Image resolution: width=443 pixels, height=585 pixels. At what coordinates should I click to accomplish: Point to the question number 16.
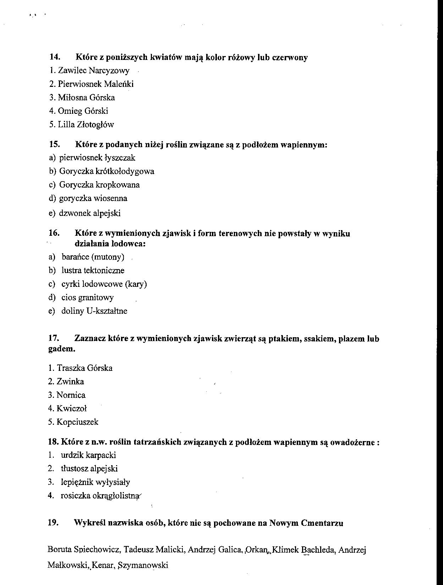[x=54, y=233]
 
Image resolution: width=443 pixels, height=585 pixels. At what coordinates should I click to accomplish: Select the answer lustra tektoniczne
[x=93, y=271]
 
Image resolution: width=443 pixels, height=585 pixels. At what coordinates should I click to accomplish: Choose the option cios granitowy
[x=87, y=297]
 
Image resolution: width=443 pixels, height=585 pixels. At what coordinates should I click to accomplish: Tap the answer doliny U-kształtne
[x=94, y=311]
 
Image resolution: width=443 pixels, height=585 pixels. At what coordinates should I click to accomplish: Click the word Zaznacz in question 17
[x=90, y=339]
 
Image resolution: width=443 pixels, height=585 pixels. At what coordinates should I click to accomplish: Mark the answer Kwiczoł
[x=71, y=408]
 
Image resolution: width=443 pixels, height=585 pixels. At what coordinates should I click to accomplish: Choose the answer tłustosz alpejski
[x=89, y=468]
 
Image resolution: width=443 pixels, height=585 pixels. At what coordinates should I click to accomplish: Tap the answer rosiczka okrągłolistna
[x=99, y=496]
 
